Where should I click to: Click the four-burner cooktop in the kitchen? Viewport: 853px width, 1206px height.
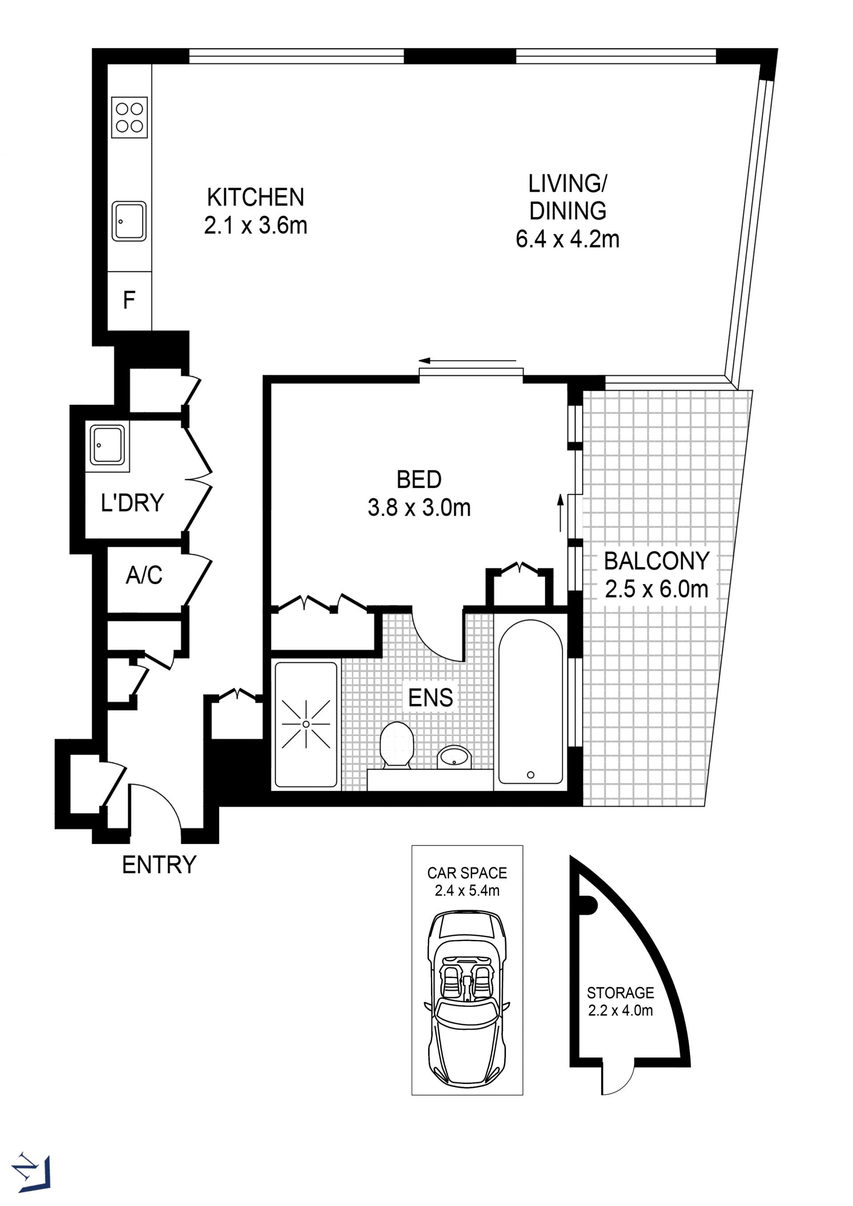tap(129, 118)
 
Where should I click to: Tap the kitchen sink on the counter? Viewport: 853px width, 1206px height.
tap(129, 221)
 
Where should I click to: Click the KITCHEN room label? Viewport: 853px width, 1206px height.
tap(256, 198)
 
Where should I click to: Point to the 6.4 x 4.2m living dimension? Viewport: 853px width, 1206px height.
tap(567, 239)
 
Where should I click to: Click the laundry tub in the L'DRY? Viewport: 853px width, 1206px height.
tap(108, 446)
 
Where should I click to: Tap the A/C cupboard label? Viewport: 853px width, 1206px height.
tap(144, 575)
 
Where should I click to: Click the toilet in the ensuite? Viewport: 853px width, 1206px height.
tap(397, 745)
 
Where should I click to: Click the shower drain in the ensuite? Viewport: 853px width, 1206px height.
tap(306, 725)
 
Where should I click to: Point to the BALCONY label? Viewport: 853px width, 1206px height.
tap(657, 561)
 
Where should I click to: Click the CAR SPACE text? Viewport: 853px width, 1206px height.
tap(467, 873)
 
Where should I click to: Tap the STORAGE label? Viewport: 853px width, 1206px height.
tap(620, 993)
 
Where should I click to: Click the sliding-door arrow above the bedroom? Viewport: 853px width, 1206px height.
tap(467, 361)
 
